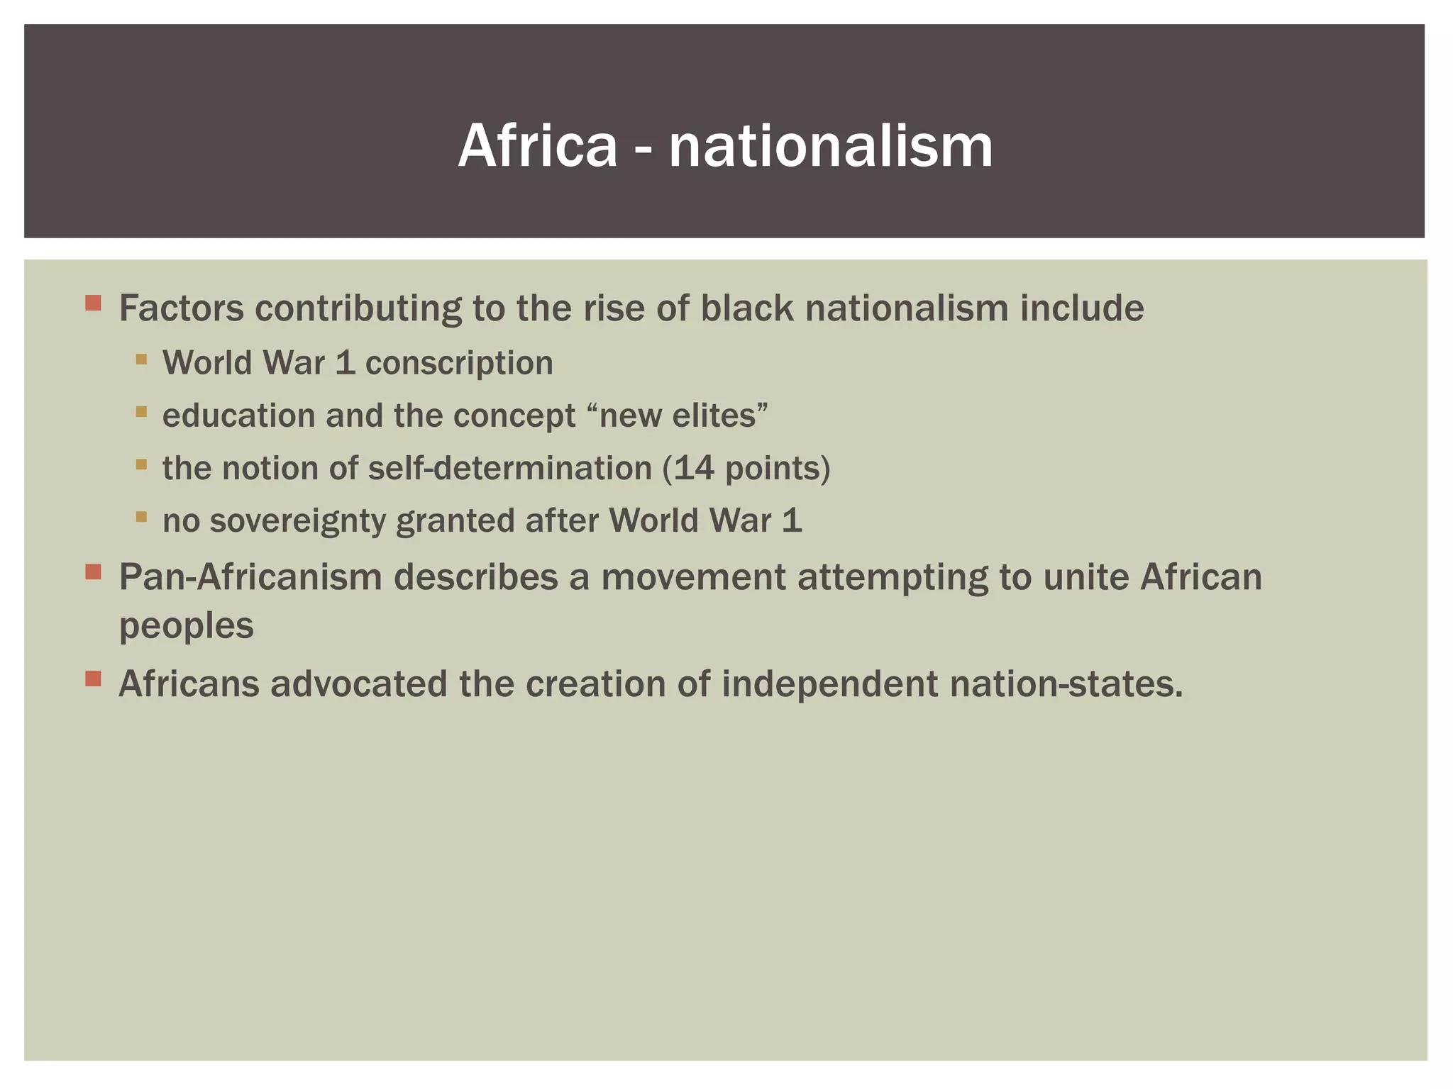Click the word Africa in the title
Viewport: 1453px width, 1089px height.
click(x=538, y=146)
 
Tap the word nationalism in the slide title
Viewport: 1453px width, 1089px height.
click(x=830, y=146)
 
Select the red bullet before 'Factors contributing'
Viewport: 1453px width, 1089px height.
click(x=93, y=303)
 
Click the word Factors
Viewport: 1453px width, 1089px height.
click(x=181, y=308)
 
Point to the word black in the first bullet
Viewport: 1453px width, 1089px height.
click(x=746, y=308)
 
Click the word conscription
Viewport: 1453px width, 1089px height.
click(x=459, y=363)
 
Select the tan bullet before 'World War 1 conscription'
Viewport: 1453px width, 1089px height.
click(x=141, y=359)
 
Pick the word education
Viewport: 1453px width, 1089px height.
click(x=238, y=415)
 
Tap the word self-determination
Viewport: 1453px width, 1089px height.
click(x=510, y=468)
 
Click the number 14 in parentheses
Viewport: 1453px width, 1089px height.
click(x=693, y=468)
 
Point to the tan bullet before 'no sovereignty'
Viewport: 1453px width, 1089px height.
click(x=141, y=517)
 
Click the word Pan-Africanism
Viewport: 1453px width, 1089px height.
click(x=250, y=576)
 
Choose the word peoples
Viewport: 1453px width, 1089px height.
click(x=186, y=625)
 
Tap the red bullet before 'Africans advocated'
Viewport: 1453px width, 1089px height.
click(x=93, y=679)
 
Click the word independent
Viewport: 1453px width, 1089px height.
click(x=829, y=684)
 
